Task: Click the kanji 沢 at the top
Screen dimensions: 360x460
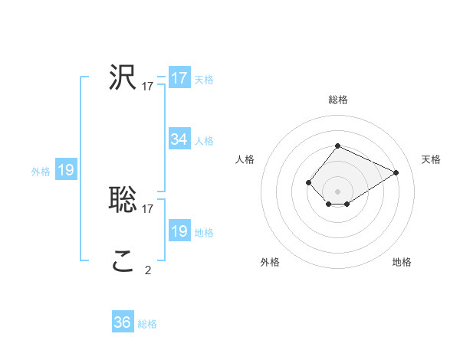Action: (123, 77)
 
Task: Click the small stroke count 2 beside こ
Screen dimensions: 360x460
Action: (148, 270)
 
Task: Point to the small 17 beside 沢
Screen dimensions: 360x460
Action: (148, 87)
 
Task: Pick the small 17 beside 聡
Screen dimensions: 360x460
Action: (148, 208)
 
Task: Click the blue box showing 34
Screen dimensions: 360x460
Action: (179, 139)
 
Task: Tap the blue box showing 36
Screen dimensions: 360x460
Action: (123, 322)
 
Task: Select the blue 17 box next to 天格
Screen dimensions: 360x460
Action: (179, 78)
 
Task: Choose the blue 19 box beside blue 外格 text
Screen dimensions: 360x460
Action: (66, 170)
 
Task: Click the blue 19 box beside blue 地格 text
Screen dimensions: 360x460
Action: (179, 231)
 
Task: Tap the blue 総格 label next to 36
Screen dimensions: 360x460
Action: (147, 324)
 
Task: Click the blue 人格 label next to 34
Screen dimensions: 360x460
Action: (204, 141)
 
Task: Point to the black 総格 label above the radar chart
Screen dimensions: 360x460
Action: (338, 100)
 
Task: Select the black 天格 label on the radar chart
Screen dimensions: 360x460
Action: (431, 159)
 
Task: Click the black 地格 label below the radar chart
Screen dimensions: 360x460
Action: (402, 263)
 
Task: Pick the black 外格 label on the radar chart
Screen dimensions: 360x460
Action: (270, 263)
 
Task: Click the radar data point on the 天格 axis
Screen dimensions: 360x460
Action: (396, 172)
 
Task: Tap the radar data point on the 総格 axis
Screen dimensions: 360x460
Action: (337, 146)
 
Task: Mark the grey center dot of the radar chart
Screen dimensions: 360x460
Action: (337, 191)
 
